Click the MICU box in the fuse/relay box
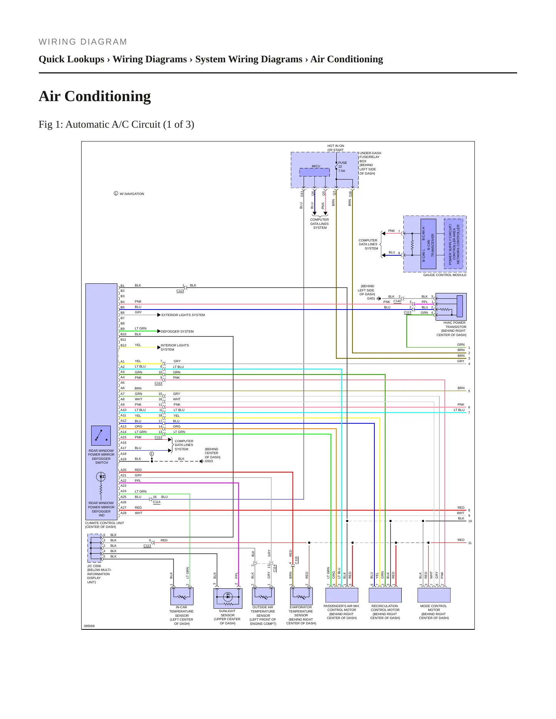point(314,172)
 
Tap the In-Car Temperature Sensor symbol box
point(182,596)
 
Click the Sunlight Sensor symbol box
point(228,598)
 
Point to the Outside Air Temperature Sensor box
point(263,596)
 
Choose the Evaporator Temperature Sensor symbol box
point(301,596)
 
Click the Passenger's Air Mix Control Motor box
point(342,595)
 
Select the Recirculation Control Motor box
point(385,595)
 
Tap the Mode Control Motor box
point(434,595)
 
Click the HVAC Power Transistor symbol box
point(451,306)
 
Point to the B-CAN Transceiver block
point(428,244)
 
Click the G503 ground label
point(209,461)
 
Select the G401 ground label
point(371,298)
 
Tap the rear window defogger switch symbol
point(101,436)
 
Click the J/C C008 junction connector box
point(95,548)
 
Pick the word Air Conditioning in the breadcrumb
point(347,59)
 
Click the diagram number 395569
point(89,626)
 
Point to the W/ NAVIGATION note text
point(132,194)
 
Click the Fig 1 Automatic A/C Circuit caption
point(116,125)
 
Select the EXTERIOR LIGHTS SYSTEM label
point(183,315)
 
